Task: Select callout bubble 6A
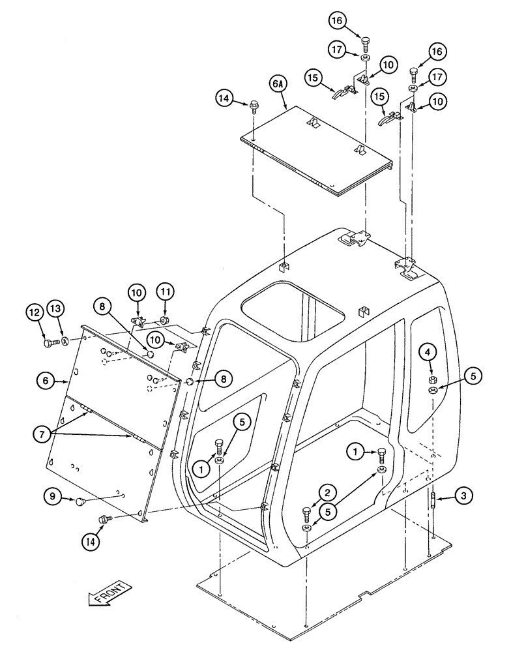coord(277,85)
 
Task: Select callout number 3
coord(462,497)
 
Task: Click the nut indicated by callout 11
coord(165,320)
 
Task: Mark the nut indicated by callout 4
coord(432,379)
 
